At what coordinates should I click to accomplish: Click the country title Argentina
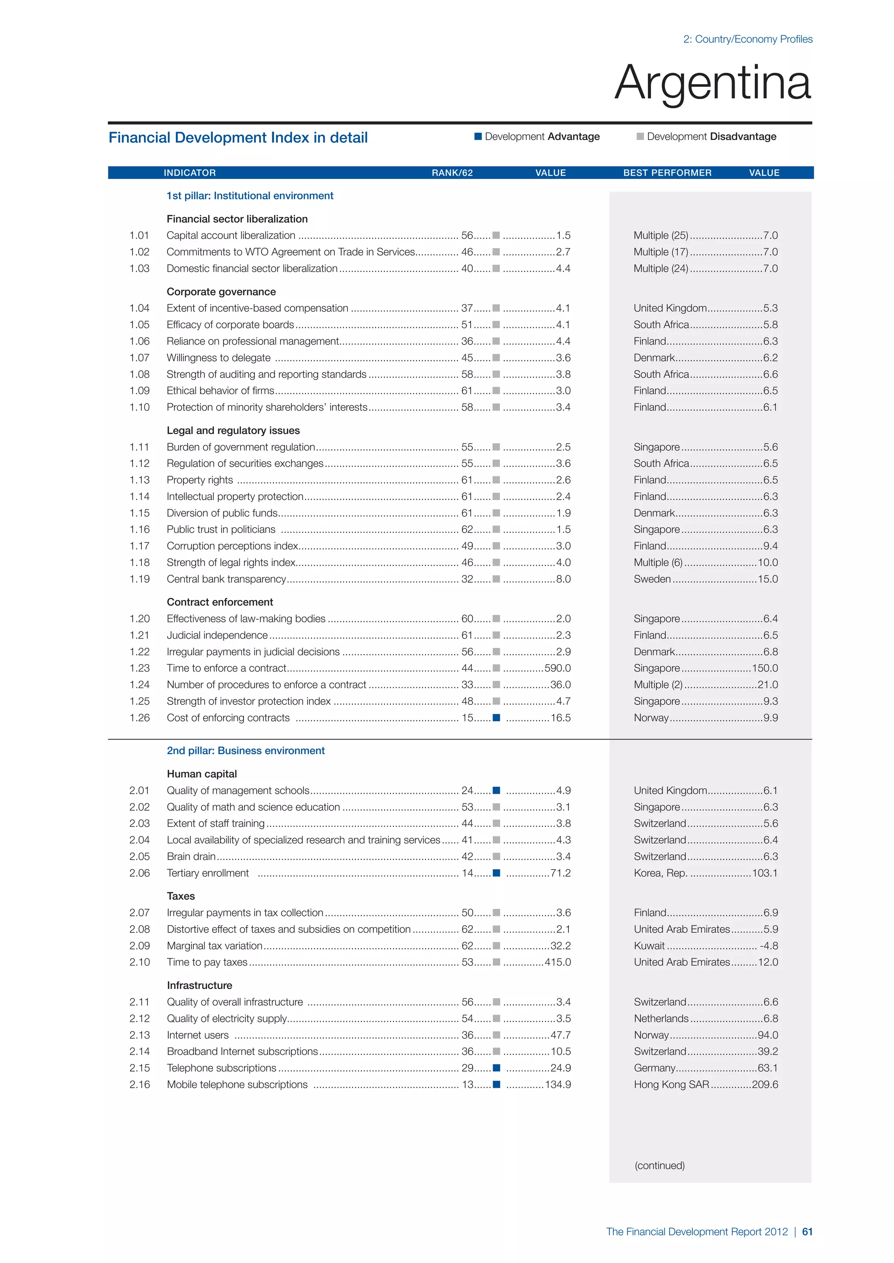tap(712, 82)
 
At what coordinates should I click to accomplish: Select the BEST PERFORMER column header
tap(667, 173)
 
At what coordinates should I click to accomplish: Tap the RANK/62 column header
tap(452, 173)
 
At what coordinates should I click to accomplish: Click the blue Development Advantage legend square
tap(478, 137)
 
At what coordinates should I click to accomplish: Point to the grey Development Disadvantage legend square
tap(640, 137)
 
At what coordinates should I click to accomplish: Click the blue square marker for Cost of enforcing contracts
tap(496, 717)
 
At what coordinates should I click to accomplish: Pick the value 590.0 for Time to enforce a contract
tap(557, 668)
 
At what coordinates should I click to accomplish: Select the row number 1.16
tap(139, 529)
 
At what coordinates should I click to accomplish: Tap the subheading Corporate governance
tap(221, 292)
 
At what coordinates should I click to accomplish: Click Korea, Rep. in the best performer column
tap(660, 873)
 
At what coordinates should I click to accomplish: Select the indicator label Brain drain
tap(191, 857)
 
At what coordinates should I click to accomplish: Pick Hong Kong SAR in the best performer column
tap(671, 1084)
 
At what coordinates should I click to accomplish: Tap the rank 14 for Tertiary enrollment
tap(467, 873)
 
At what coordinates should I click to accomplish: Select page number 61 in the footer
tap(807, 1232)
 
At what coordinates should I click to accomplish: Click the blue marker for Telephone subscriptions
tap(496, 1068)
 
